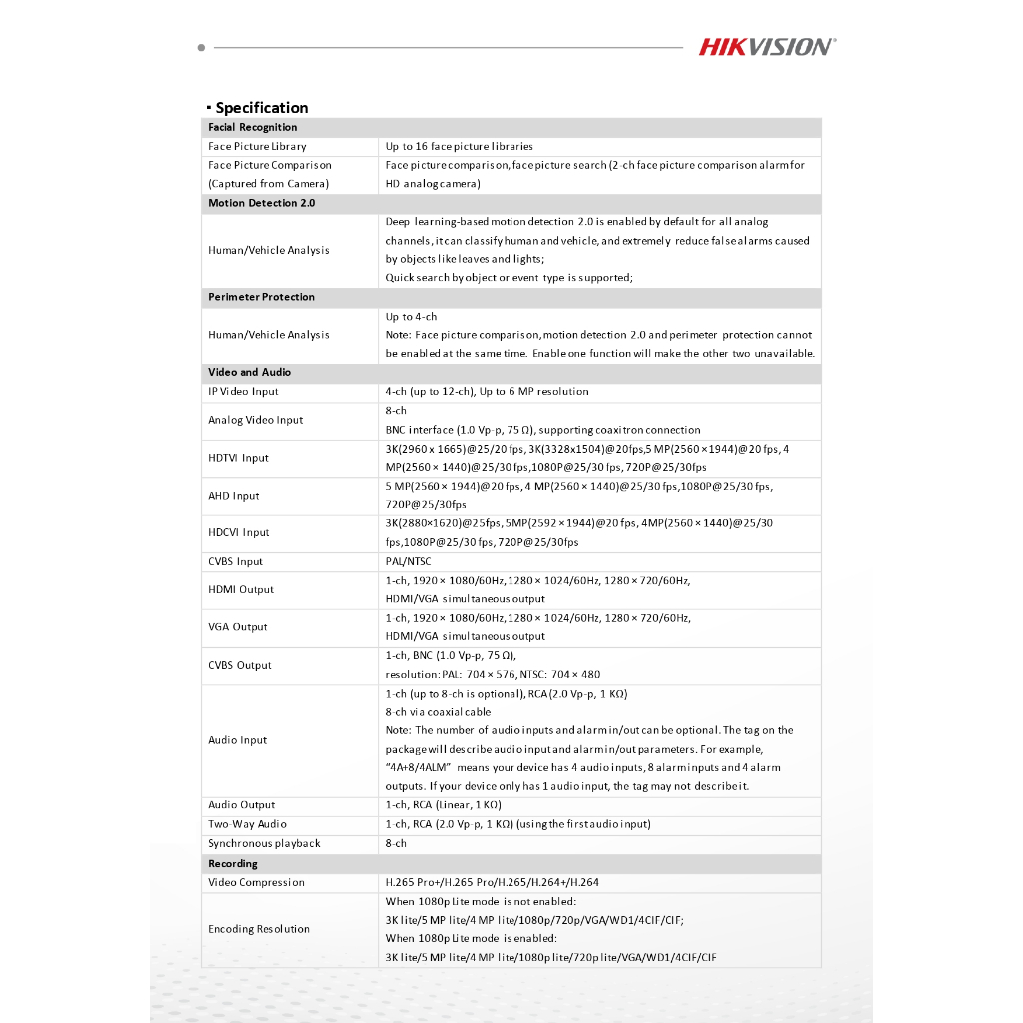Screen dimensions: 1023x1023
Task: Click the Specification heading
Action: (x=261, y=108)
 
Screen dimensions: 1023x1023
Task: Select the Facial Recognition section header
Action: (x=253, y=127)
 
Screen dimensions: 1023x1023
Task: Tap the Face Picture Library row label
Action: (x=257, y=146)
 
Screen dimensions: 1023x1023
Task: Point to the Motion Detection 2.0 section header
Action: (x=261, y=203)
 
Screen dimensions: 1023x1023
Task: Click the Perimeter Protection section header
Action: (x=261, y=297)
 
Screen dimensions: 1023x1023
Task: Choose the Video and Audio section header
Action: (x=249, y=372)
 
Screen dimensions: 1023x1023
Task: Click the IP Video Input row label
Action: (x=243, y=391)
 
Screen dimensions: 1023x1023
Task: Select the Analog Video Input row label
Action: (x=255, y=420)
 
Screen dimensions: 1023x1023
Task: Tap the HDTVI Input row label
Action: (x=238, y=458)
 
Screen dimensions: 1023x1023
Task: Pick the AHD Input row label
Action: (x=233, y=496)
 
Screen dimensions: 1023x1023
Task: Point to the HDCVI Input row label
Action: (x=239, y=533)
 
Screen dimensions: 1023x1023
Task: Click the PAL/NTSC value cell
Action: (x=408, y=561)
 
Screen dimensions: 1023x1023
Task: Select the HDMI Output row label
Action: (x=240, y=589)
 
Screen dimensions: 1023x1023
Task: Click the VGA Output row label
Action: (x=237, y=627)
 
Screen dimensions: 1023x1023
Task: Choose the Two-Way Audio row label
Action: (x=247, y=824)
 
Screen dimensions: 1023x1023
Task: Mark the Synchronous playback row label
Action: (x=264, y=843)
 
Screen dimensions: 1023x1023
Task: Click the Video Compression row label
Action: (x=256, y=882)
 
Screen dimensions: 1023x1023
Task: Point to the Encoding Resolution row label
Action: (x=259, y=929)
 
